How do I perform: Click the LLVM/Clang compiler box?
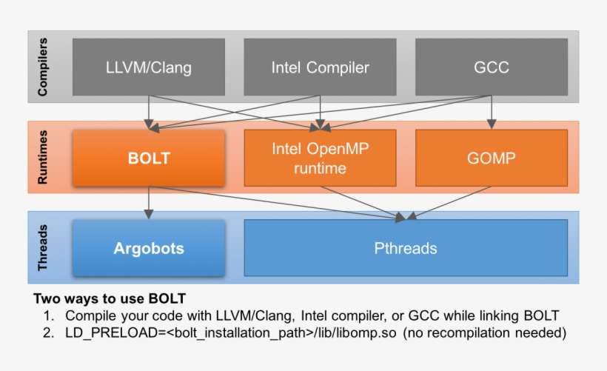coord(149,68)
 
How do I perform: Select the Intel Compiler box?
coord(320,68)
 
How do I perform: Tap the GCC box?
coord(491,68)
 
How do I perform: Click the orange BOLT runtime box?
coord(149,158)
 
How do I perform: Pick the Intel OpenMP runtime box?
coord(320,158)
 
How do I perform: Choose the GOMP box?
coord(491,158)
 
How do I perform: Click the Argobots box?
coord(149,247)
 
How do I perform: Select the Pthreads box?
coord(405,247)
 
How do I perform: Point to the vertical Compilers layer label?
coord(42,67)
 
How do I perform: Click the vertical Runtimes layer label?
coord(42,158)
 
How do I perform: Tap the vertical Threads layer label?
coord(42,247)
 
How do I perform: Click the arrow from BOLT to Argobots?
coord(150,201)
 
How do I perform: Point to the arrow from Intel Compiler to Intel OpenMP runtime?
coord(320,111)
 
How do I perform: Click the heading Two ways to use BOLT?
coord(109,300)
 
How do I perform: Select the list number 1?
coord(47,315)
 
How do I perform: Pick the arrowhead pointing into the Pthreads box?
coord(403,216)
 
